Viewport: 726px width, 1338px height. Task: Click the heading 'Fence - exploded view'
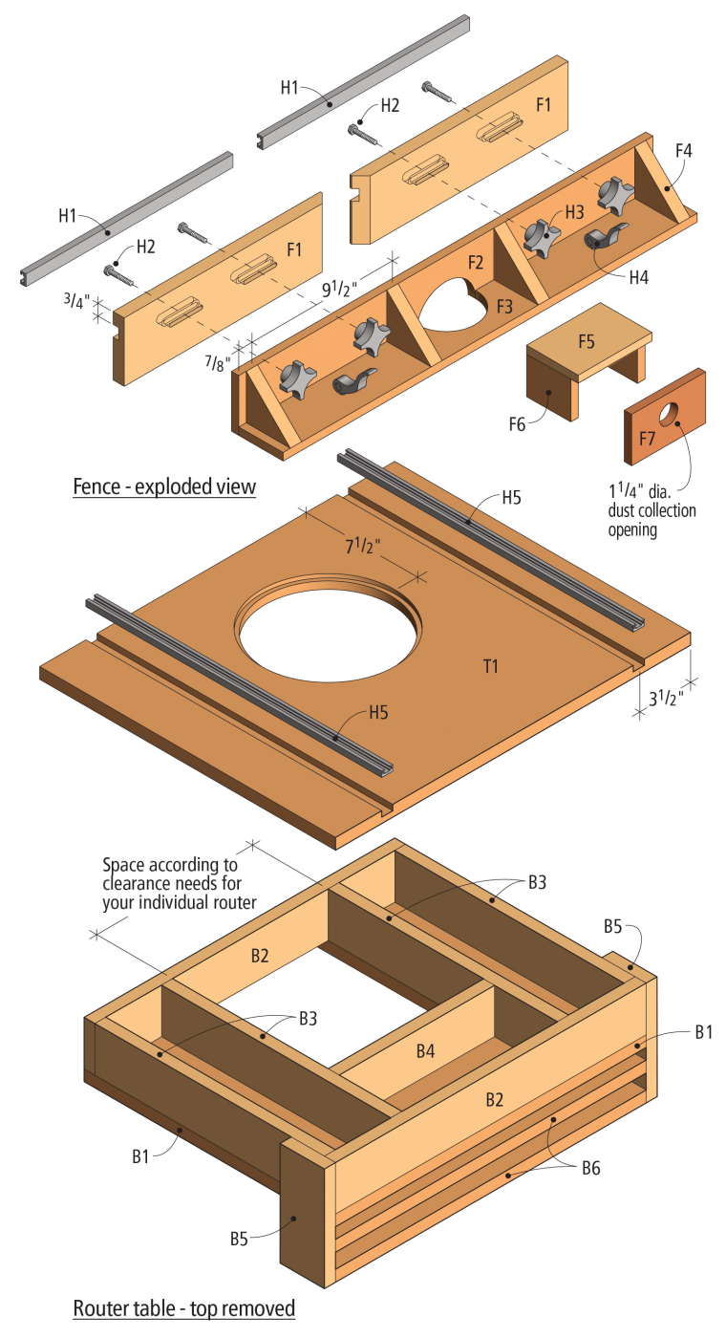(x=164, y=486)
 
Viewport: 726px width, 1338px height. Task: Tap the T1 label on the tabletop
(x=491, y=666)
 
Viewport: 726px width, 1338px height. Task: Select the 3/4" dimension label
(x=75, y=300)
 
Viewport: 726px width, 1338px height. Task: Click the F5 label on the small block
(x=586, y=339)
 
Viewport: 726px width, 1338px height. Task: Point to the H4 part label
(x=639, y=278)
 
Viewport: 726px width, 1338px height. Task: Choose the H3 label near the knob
(x=573, y=211)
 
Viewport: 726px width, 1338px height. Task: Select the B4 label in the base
(x=425, y=1051)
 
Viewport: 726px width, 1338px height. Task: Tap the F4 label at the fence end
(x=684, y=150)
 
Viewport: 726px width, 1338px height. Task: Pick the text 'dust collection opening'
(x=652, y=520)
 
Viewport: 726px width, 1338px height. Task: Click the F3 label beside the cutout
(x=503, y=307)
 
